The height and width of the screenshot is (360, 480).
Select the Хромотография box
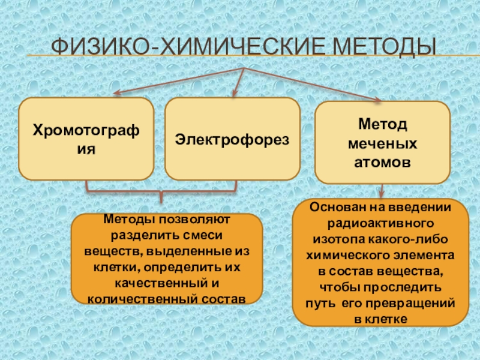click(86, 139)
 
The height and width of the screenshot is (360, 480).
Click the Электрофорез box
click(232, 139)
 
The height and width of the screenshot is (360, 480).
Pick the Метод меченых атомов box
click(382, 142)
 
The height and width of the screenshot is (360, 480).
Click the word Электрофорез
click(232, 139)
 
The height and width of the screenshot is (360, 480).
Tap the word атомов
click(382, 162)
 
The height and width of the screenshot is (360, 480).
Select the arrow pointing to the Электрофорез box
click(238, 81)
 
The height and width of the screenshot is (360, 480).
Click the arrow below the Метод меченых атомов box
click(382, 192)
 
